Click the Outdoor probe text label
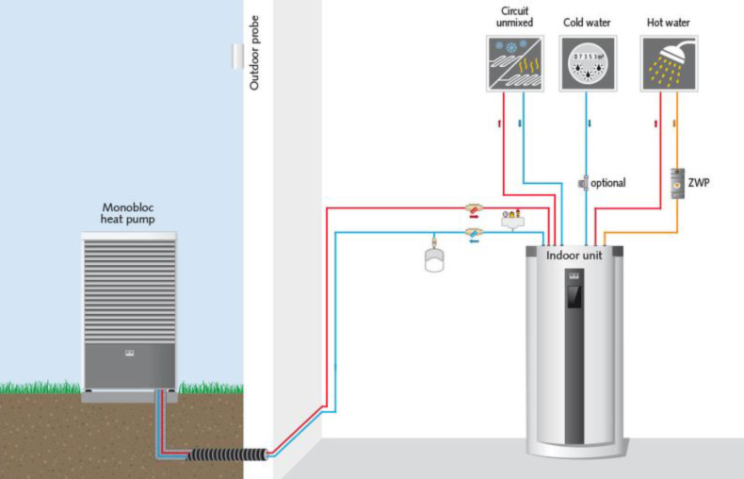click(x=254, y=53)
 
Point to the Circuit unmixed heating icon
click(x=515, y=64)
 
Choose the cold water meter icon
click(x=589, y=64)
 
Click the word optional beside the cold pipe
click(x=608, y=183)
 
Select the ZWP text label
click(x=700, y=182)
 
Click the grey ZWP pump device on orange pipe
click(x=677, y=182)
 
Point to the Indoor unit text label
click(x=574, y=255)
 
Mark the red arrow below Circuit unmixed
click(x=498, y=123)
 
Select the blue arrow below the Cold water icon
click(x=590, y=123)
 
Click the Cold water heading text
click(x=589, y=22)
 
